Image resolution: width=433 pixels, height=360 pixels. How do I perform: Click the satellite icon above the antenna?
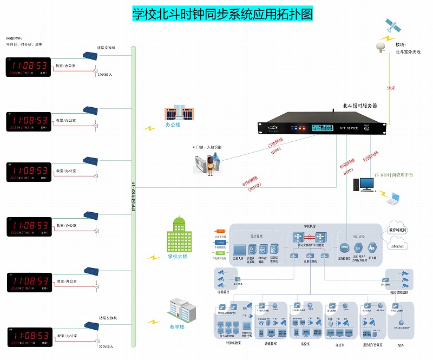coord(391,25)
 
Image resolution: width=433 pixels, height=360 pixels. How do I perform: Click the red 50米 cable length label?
coord(391,88)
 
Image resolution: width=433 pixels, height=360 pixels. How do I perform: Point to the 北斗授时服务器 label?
coord(359,106)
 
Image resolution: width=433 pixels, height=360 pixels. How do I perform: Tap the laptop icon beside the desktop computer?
coord(393,199)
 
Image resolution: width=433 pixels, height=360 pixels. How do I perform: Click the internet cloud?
coord(397,246)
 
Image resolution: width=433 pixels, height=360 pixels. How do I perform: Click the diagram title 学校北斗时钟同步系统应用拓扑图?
coord(222,14)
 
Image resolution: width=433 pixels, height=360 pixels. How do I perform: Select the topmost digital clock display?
coord(29,67)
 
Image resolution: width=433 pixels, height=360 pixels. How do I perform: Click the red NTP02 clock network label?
coord(254,185)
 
